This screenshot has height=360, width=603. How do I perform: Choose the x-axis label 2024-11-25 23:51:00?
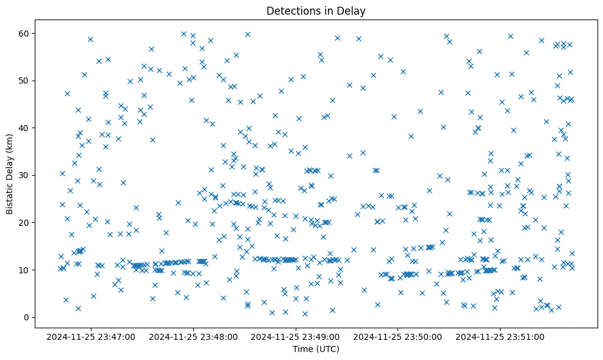point(501,336)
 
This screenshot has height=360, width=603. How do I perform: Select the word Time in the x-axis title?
point(303,349)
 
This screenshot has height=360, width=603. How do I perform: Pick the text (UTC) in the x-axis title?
point(327,349)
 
